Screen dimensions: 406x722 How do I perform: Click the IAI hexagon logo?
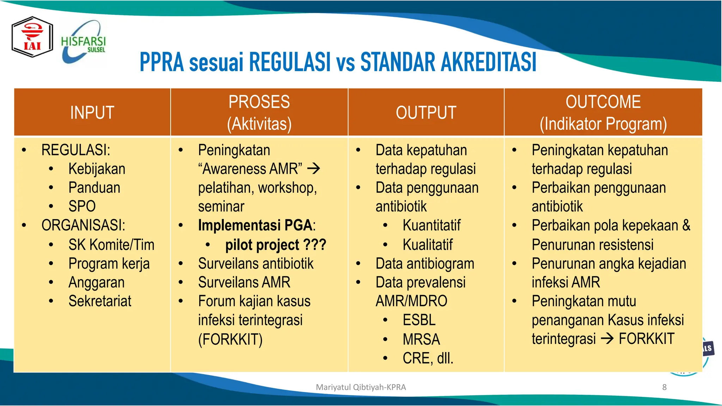[x=32, y=37]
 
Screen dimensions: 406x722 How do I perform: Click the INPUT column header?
[x=92, y=113]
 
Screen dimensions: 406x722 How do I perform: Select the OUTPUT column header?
[x=426, y=113]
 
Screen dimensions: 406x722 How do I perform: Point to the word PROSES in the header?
[x=259, y=102]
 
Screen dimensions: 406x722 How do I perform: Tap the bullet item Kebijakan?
[x=97, y=169]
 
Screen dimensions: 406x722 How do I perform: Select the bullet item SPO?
[x=82, y=207]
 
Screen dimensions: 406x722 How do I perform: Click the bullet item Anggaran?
[x=96, y=283]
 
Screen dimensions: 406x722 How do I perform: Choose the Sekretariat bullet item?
[x=100, y=301]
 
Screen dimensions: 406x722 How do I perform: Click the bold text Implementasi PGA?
[x=255, y=226]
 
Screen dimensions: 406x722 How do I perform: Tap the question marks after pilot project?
[x=315, y=245]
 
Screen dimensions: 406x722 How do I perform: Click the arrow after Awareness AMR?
[x=313, y=169]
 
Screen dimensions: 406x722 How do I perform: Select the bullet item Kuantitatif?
[x=432, y=226]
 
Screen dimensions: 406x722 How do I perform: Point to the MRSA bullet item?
[x=421, y=339]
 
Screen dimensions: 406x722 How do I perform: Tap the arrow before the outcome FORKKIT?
[x=607, y=339]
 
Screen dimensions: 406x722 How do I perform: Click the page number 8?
[x=664, y=387]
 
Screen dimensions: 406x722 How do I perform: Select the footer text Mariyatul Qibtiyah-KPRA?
[x=361, y=387]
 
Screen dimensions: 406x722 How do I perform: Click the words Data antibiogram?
[x=425, y=264]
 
